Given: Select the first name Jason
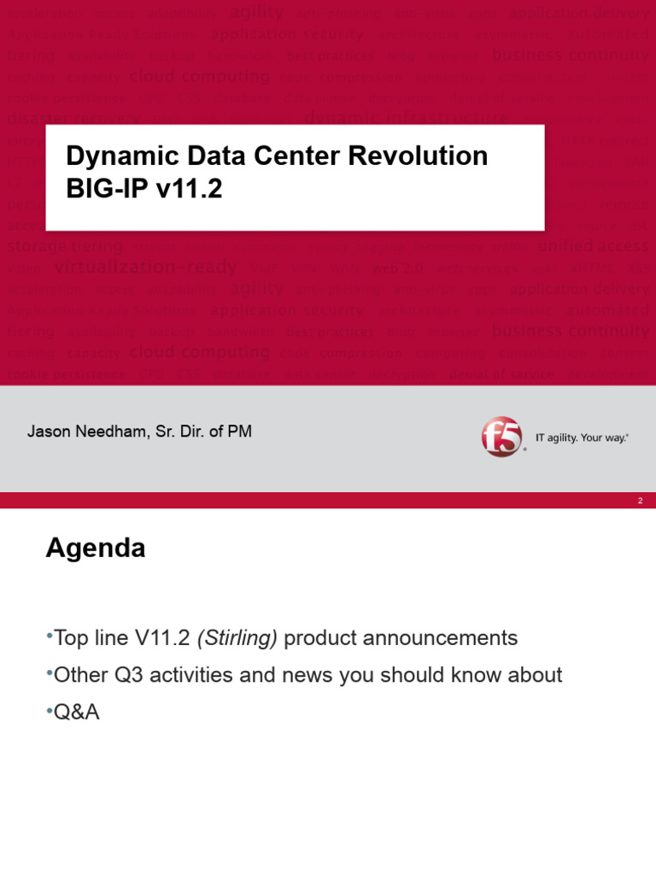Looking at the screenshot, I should pos(47,432).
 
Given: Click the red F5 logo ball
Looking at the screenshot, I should pos(501,436).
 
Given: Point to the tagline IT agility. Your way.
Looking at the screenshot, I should pos(582,437).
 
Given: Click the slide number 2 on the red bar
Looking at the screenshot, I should pos(640,501).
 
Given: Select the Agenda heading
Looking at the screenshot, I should pos(96,549).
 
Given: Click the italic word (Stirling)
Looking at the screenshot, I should pos(237,638).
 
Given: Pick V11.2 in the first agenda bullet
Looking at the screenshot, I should pos(163,638).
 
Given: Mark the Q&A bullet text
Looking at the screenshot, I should pos(76,712).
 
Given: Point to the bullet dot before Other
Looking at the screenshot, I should pos(49,673).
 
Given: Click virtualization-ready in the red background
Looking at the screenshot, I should pos(145,267).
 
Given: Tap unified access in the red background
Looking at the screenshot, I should pos(593,246).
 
